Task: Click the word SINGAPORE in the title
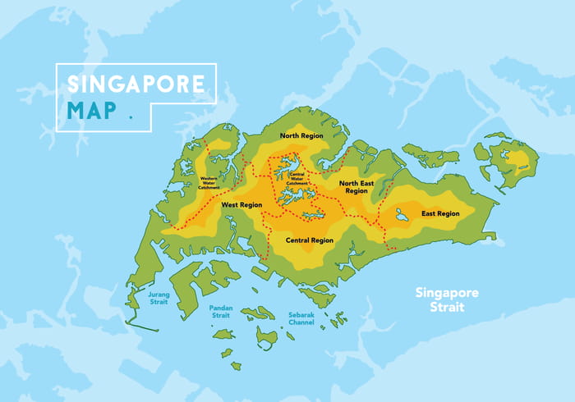tap(135, 85)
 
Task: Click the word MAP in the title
tap(92, 110)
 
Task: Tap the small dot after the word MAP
tap(130, 117)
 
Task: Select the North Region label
tap(301, 135)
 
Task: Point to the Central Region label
tap(309, 240)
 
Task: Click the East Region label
tap(440, 213)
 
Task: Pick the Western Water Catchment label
tap(209, 183)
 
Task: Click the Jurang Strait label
tap(159, 296)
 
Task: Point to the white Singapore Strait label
tap(446, 299)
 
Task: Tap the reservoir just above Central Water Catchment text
tap(290, 164)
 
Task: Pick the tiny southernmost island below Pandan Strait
tap(236, 366)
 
